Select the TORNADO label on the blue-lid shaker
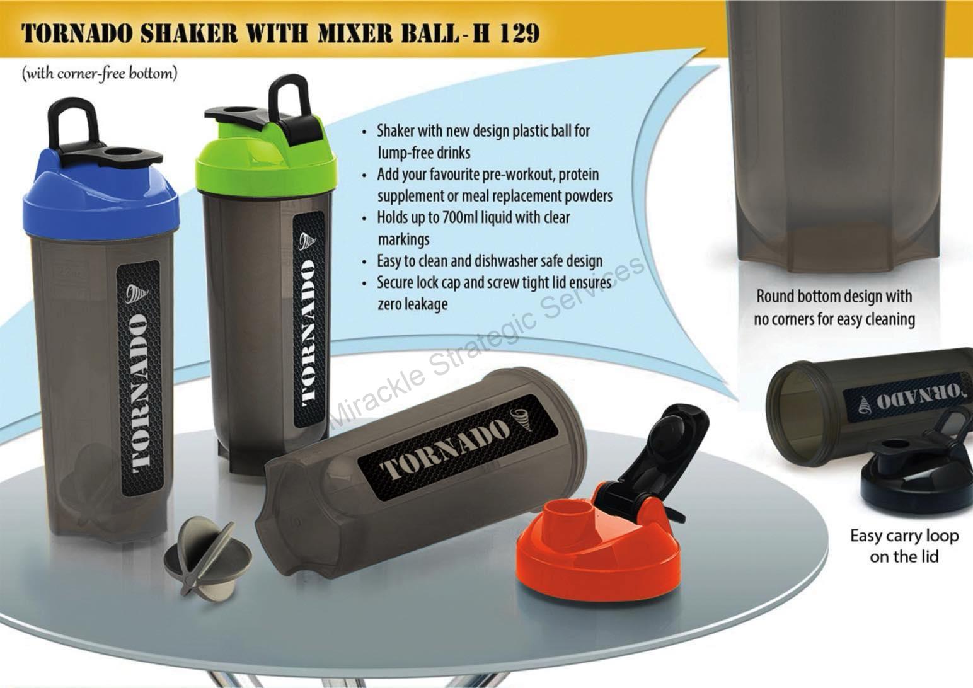point(139,378)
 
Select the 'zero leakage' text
point(412,304)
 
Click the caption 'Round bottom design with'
point(834,296)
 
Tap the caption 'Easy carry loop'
point(904,536)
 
